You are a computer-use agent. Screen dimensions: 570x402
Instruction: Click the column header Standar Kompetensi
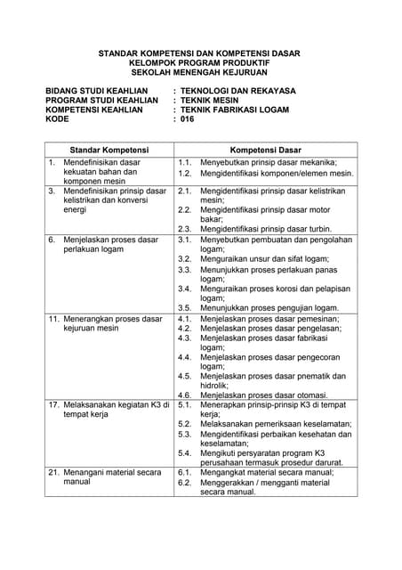pyautogui.click(x=109, y=150)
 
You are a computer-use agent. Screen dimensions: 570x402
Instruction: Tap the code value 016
pyautogui.click(x=187, y=118)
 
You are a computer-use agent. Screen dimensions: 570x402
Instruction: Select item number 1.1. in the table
pyautogui.click(x=186, y=163)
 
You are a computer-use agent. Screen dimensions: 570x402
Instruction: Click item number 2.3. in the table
pyautogui.click(x=186, y=228)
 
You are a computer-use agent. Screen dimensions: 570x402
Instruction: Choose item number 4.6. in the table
pyautogui.click(x=186, y=395)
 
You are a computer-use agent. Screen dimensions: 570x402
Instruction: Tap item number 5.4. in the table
pyautogui.click(x=186, y=453)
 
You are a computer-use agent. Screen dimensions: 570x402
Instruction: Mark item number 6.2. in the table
pyautogui.click(x=186, y=482)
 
